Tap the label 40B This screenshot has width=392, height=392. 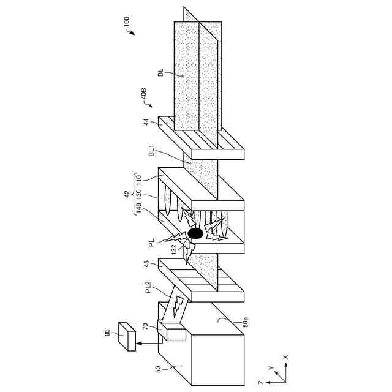143,96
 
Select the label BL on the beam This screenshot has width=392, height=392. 160,73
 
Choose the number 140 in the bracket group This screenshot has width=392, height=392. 138,213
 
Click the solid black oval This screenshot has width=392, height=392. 195,233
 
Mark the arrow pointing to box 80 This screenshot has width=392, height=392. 147,343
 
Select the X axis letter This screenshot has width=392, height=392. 285,356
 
